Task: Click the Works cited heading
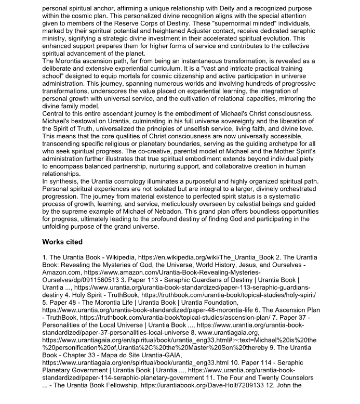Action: click(x=62, y=242)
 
